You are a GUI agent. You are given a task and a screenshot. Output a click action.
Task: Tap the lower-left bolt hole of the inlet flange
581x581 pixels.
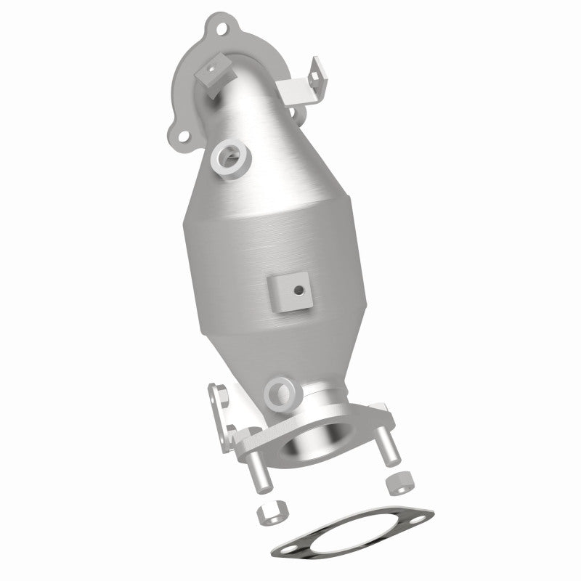179,136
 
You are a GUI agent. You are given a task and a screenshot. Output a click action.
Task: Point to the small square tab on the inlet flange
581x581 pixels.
211,73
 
